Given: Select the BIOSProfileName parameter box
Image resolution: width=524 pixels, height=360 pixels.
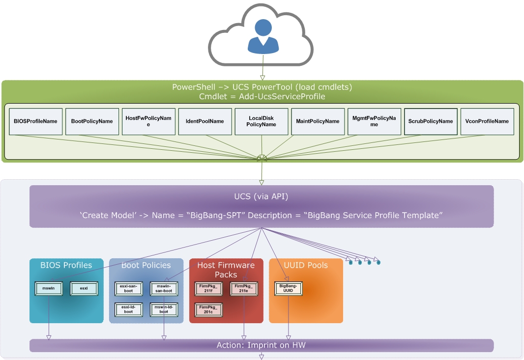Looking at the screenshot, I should [35, 121].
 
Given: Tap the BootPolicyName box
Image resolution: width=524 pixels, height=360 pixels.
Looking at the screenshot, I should [92, 121].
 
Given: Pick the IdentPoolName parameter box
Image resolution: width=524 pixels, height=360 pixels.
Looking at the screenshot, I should [205, 121].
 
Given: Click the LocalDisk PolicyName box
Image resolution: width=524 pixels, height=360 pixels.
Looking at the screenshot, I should [262, 121].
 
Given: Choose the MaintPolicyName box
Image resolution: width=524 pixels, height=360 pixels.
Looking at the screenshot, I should [318, 121].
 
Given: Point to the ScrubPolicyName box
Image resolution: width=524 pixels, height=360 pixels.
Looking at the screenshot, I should [431, 121].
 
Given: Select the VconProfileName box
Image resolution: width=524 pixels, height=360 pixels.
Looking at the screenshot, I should [487, 121].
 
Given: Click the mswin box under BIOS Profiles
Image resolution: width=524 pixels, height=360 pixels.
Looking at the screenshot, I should [49, 288].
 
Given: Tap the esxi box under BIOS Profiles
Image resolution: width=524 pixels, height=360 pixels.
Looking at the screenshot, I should [84, 288].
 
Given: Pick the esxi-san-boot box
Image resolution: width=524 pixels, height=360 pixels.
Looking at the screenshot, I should [128, 288].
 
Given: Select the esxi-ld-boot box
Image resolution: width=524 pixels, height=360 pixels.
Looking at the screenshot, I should [128, 309].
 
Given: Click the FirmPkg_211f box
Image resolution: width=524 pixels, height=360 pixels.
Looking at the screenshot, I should [209, 288].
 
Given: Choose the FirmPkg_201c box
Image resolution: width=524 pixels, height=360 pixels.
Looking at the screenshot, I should [209, 309].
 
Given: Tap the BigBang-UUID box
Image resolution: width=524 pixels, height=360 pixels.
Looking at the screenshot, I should [288, 288].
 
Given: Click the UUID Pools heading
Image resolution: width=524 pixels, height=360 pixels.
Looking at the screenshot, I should [306, 265].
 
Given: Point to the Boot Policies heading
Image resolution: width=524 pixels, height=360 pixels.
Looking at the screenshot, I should [146, 265].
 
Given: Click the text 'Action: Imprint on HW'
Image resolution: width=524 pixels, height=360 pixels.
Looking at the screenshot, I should [261, 345].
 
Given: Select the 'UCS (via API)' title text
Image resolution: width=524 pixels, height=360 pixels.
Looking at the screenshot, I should [261, 197].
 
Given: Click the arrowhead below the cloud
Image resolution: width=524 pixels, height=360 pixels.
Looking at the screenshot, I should [262, 77].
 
